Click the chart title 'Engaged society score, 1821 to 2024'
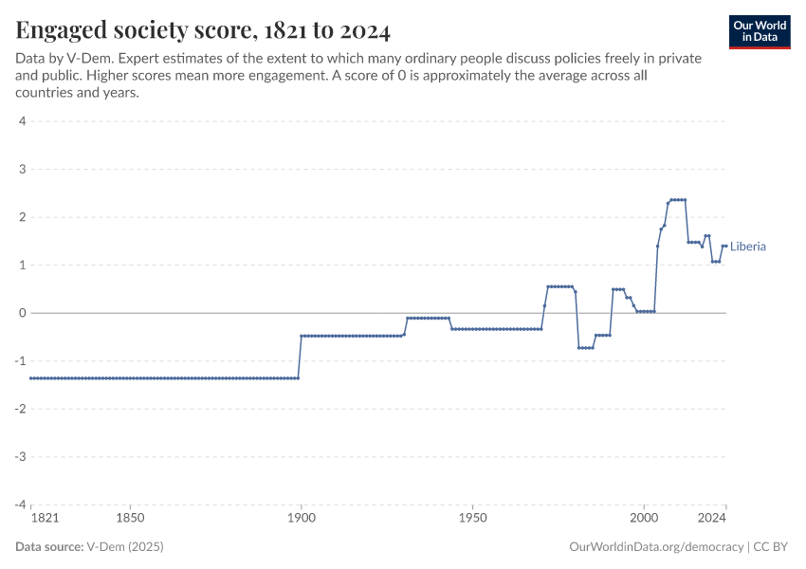point(203,30)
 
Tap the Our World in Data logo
point(760,31)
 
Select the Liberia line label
point(748,247)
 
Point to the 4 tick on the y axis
point(22,121)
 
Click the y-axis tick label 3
point(22,169)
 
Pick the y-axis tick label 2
point(22,217)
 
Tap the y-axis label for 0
point(22,313)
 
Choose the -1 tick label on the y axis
point(20,360)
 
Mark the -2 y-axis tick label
point(20,409)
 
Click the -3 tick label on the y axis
point(20,456)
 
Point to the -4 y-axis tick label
point(20,505)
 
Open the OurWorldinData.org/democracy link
point(656,547)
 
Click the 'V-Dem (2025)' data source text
point(125,547)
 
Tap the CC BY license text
point(773,547)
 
